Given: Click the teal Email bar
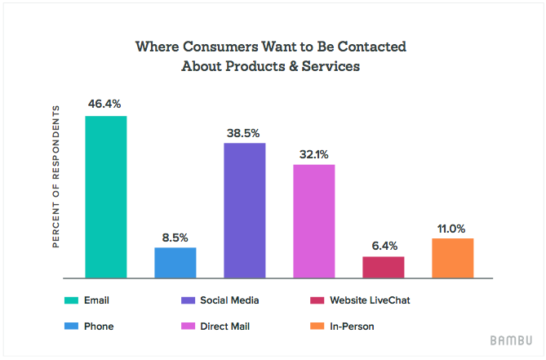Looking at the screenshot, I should click(106, 197).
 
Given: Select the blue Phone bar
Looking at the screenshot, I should click(175, 262).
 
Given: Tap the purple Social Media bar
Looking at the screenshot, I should click(245, 211).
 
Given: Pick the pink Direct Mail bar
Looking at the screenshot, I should click(314, 221).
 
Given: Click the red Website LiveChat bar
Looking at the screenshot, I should click(384, 267).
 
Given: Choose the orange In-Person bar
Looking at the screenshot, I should click(453, 258).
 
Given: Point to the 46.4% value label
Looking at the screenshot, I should click(106, 104).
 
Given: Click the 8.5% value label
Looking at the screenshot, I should click(175, 238).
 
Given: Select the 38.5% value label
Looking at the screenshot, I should click(245, 131).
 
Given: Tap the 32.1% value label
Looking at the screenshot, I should click(314, 153).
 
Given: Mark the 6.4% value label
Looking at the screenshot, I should click(384, 245).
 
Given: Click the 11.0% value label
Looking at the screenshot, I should click(453, 227).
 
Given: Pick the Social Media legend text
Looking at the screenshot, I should click(232, 300).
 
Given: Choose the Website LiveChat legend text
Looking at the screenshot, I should click(369, 300).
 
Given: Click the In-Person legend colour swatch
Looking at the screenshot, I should click(315, 327).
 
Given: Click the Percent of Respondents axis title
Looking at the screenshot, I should click(56, 176).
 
